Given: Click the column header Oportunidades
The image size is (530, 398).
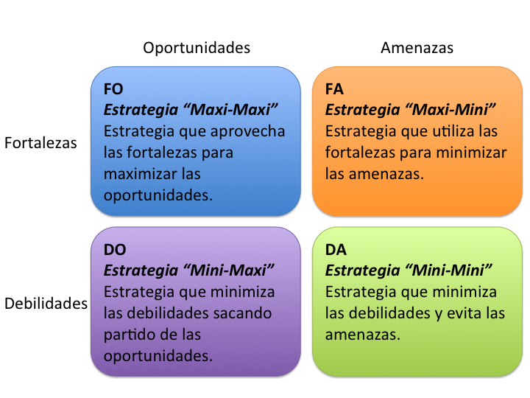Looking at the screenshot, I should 197,48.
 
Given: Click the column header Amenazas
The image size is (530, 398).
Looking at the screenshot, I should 417,48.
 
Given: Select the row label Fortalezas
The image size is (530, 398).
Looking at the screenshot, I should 40,143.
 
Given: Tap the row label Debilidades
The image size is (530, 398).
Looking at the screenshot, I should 46,304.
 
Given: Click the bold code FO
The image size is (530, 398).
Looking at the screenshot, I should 113,89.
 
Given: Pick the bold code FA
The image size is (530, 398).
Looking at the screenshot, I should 335,89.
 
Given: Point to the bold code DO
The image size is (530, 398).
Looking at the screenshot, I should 115,250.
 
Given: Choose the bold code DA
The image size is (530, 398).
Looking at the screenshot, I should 336,250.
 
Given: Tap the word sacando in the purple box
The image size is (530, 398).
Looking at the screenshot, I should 244,313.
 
